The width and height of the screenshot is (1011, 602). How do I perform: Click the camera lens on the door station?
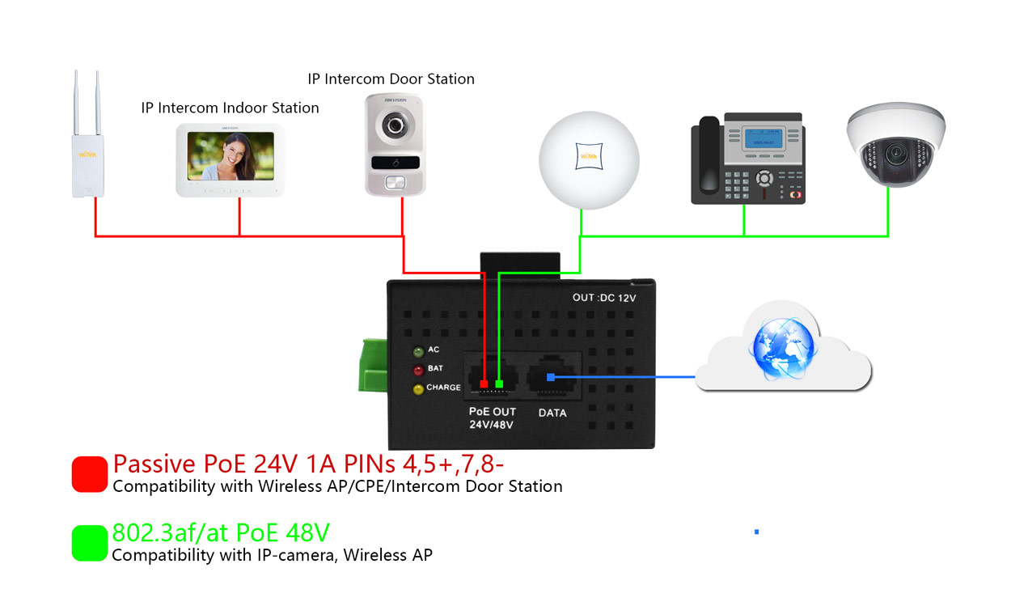(x=394, y=125)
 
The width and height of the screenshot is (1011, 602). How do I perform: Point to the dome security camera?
(x=895, y=146)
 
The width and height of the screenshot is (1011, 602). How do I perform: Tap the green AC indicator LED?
(x=418, y=352)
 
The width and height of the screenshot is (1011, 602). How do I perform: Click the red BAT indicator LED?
(x=418, y=371)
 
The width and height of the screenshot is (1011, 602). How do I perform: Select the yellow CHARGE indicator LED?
(x=418, y=389)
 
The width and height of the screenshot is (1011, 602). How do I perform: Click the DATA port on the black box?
(x=552, y=376)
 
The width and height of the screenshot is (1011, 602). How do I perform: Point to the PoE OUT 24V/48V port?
(x=492, y=376)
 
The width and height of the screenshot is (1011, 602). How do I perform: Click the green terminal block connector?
(x=374, y=366)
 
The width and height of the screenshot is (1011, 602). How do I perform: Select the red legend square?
(x=89, y=474)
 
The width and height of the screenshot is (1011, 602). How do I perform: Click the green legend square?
(x=89, y=543)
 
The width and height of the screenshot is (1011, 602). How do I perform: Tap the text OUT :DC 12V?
(x=604, y=298)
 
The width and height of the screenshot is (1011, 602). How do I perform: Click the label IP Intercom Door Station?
(x=391, y=79)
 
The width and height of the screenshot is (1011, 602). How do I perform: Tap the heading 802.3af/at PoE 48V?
(x=221, y=532)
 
